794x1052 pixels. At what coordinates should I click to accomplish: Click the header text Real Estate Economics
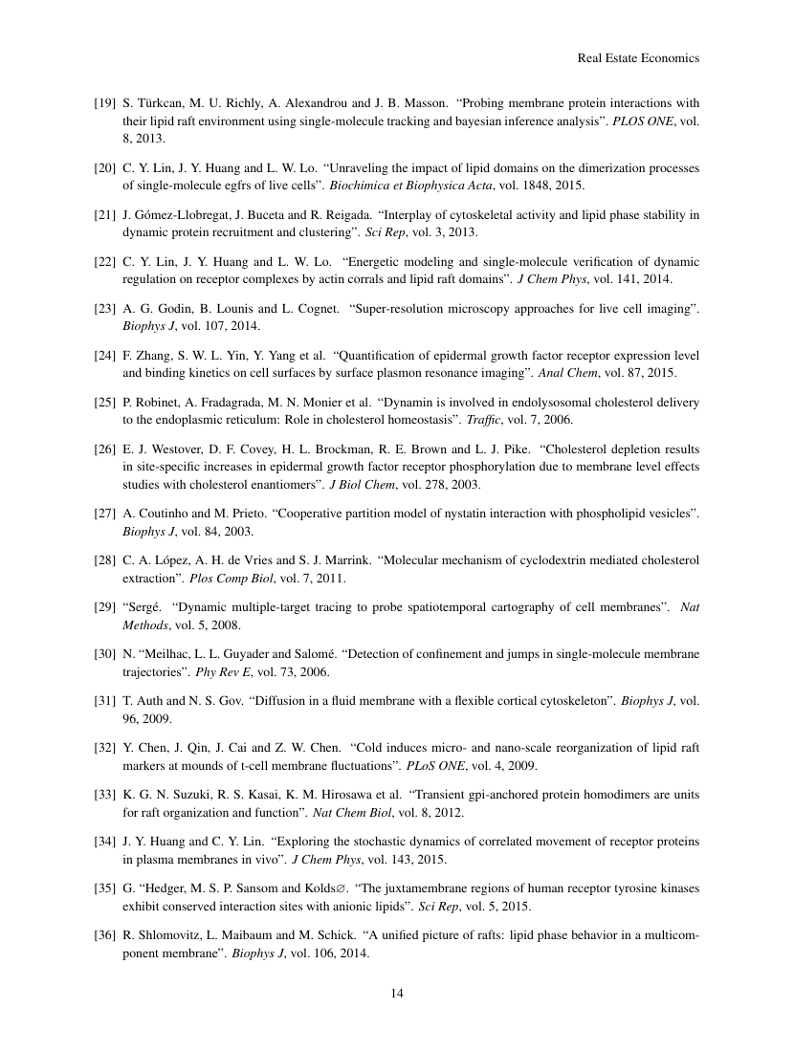point(638,58)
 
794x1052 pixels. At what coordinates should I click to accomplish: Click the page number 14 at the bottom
point(397,993)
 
